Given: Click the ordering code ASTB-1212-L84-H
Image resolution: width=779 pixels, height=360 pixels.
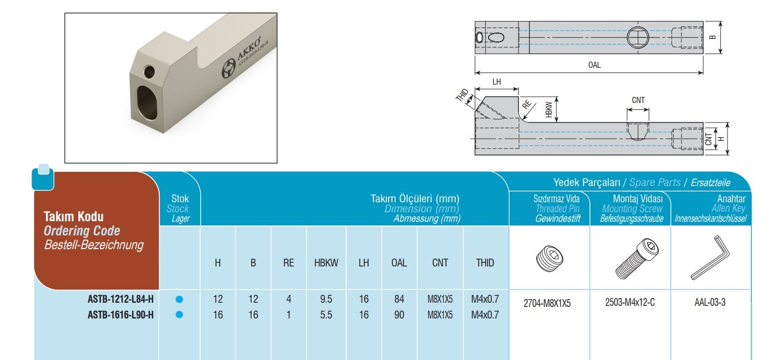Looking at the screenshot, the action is pyautogui.click(x=120, y=299).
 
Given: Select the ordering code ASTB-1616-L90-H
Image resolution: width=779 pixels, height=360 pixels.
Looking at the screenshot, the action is pyautogui.click(x=120, y=315).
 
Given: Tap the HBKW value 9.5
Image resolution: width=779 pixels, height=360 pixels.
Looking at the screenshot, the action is pyautogui.click(x=326, y=299).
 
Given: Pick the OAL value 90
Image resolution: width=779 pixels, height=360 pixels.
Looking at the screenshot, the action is pyautogui.click(x=399, y=315).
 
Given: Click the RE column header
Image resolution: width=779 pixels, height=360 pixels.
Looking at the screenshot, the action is pyautogui.click(x=288, y=263).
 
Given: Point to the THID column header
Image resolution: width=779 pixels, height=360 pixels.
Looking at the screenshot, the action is pyautogui.click(x=485, y=263).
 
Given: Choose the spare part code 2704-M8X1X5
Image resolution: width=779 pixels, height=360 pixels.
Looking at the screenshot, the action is pyautogui.click(x=547, y=304).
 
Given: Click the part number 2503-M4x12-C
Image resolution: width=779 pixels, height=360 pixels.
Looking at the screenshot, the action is pyautogui.click(x=630, y=302).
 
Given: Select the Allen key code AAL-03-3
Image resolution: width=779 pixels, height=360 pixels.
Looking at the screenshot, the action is pyautogui.click(x=710, y=302).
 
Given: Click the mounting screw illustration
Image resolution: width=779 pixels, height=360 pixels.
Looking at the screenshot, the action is pyautogui.click(x=637, y=258).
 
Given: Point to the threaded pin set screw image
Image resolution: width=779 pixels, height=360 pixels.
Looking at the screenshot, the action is pyautogui.click(x=549, y=259).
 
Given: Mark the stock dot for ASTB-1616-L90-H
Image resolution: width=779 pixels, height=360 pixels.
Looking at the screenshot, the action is pyautogui.click(x=180, y=315).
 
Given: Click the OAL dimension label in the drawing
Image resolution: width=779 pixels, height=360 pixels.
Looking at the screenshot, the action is pyautogui.click(x=594, y=65).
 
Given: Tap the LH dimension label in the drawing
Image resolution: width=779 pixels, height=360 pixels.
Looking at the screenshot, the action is pyautogui.click(x=496, y=82).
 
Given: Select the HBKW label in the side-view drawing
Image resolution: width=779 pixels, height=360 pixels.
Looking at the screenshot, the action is pyautogui.click(x=549, y=109).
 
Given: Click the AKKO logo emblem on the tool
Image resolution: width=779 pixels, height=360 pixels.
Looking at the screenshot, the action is pyautogui.click(x=229, y=68).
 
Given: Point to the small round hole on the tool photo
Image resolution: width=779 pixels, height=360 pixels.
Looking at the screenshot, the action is pyautogui.click(x=149, y=72).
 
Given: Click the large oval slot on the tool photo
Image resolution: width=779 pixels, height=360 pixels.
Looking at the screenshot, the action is pyautogui.click(x=147, y=103).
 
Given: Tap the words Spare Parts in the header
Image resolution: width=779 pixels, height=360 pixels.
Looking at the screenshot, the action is pyautogui.click(x=655, y=182).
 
